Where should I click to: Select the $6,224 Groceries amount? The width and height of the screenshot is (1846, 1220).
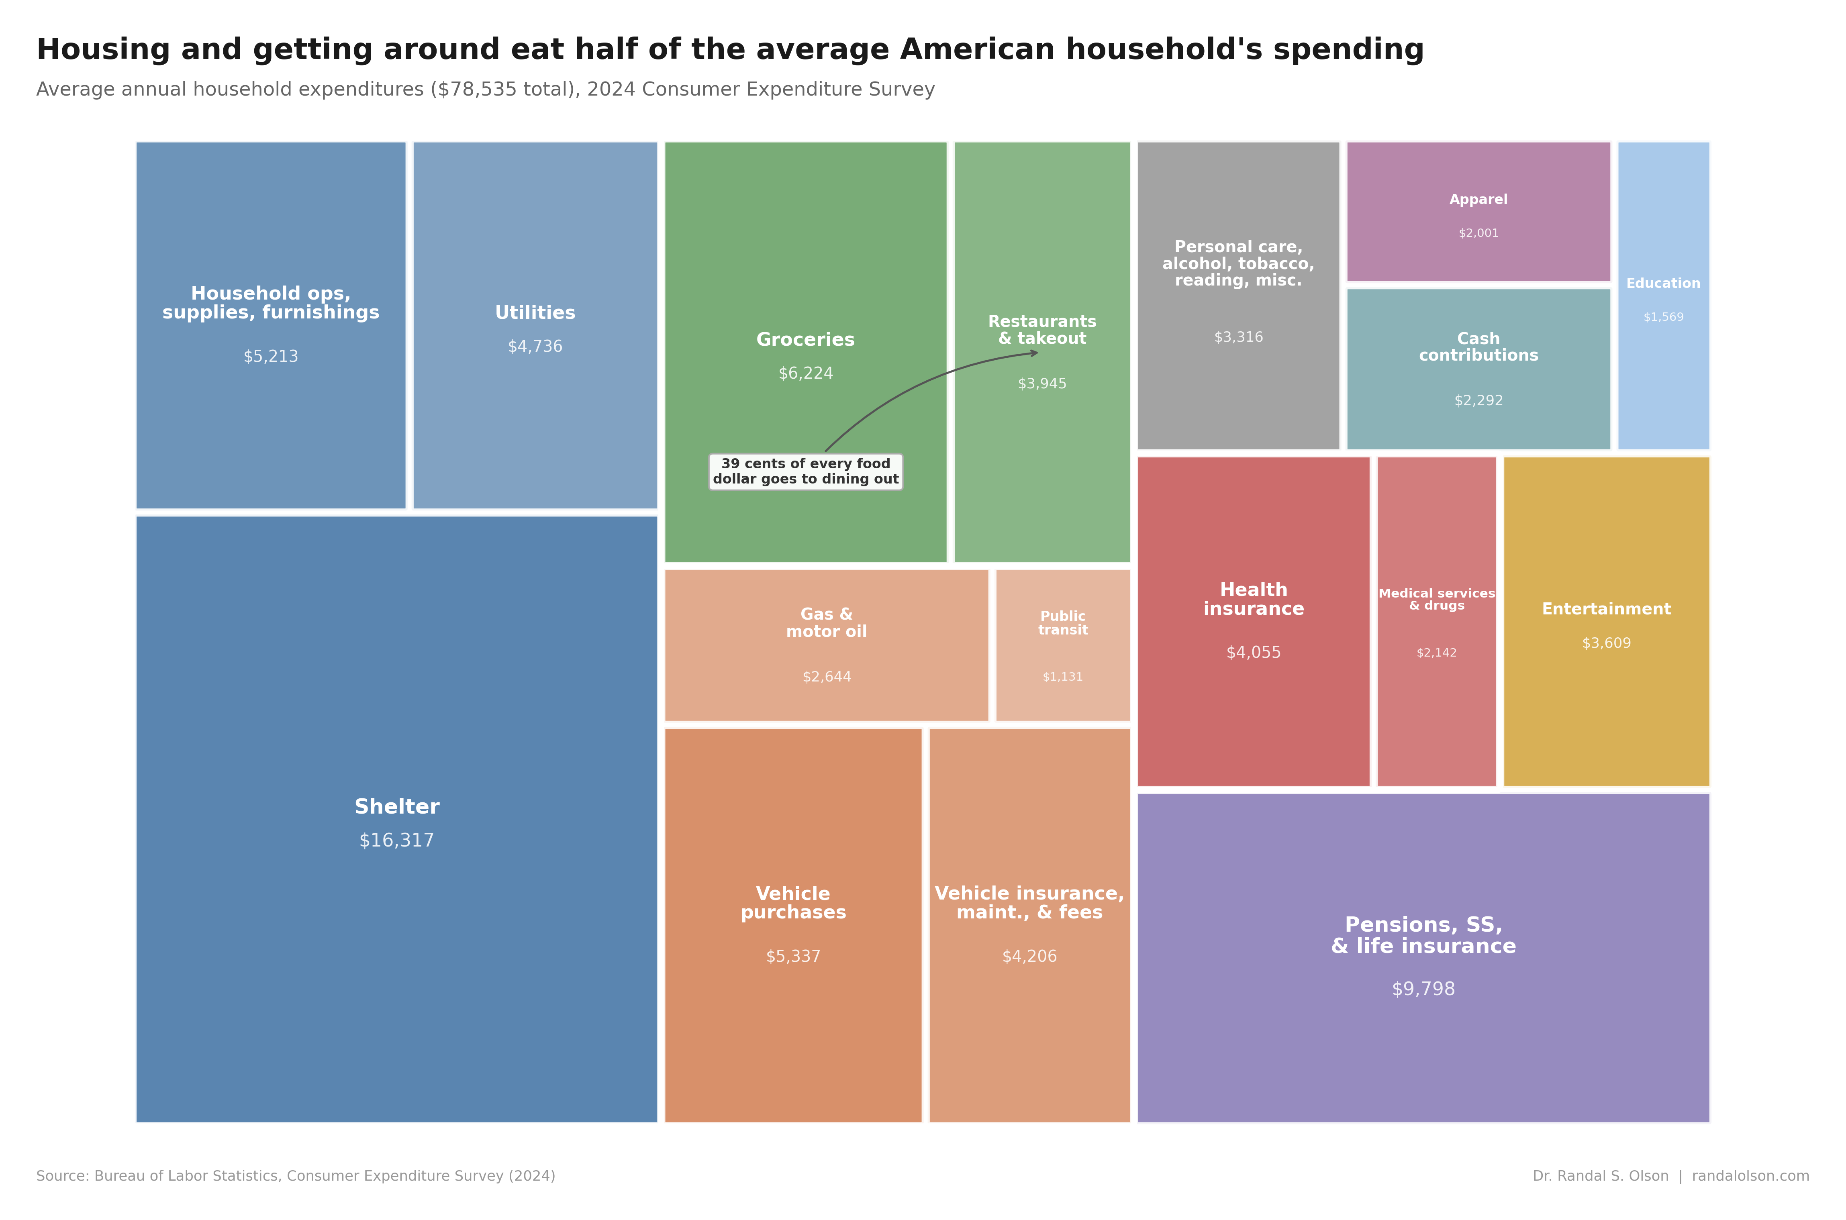pos(805,373)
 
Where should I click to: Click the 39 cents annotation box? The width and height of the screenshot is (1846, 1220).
pos(805,471)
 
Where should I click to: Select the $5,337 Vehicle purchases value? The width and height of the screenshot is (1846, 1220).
pos(793,956)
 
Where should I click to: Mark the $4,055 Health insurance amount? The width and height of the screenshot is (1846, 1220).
pos(1253,653)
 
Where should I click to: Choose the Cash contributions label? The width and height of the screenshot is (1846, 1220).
pos(1478,347)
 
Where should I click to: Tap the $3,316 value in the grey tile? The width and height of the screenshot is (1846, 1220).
pos(1238,337)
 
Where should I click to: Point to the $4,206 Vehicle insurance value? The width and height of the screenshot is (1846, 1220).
pos(1029,956)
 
